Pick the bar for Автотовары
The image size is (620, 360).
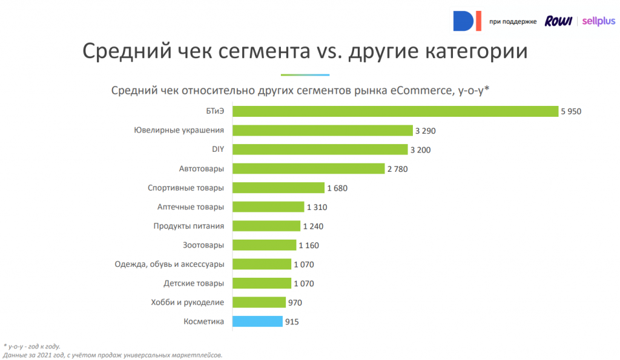click(309, 169)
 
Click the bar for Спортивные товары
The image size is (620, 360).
click(279, 188)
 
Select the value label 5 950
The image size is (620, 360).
click(570, 111)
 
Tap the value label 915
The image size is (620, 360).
click(292, 322)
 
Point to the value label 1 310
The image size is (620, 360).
click(317, 207)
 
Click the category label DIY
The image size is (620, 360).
click(217, 149)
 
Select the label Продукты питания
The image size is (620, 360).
click(188, 226)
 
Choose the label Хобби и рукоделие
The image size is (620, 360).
click(187, 303)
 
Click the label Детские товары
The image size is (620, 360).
click(194, 283)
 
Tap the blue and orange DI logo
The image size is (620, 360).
click(467, 22)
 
